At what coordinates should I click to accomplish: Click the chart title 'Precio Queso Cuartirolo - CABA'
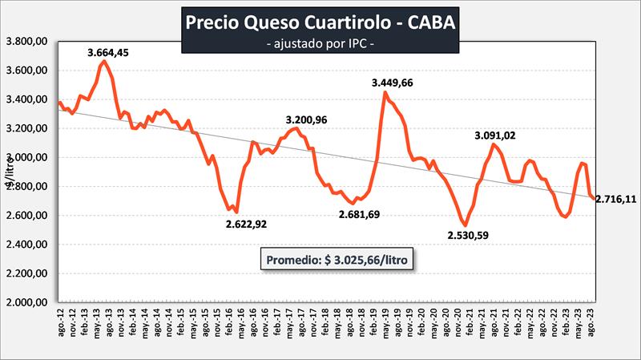[x=320, y=22]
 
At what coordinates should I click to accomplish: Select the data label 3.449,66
[x=397, y=83]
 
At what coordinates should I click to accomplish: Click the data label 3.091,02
[x=497, y=135]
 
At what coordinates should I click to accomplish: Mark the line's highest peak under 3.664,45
[x=103, y=61]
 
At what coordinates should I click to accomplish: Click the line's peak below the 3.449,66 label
[x=385, y=92]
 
